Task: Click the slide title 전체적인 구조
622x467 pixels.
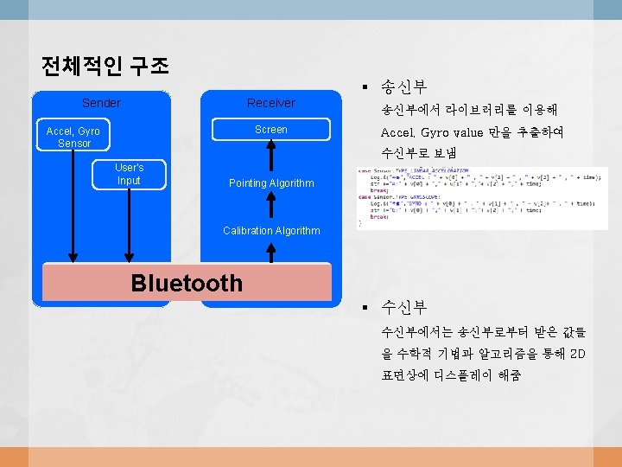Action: (105, 66)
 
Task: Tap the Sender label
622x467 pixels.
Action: (101, 103)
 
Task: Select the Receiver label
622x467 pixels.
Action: (270, 103)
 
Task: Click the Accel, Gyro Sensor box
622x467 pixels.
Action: (73, 137)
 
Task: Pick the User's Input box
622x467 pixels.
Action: (129, 174)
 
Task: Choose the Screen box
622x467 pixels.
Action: (270, 130)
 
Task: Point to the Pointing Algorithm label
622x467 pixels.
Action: (271, 183)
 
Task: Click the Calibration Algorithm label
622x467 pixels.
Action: (271, 231)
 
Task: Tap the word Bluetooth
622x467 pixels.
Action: (187, 283)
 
